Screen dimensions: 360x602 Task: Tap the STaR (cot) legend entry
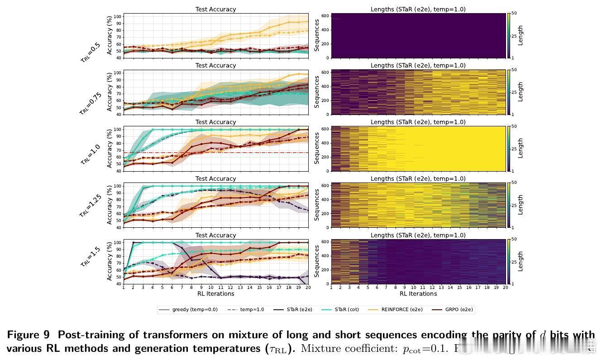tap(346, 310)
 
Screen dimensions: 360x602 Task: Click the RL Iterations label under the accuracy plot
tap(215, 294)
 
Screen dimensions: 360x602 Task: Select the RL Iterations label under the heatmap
tap(418, 294)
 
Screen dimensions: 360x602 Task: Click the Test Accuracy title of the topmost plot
tap(215, 9)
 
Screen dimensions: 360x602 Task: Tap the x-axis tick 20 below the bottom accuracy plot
tap(308, 288)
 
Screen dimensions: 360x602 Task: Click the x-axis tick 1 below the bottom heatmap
tap(332, 288)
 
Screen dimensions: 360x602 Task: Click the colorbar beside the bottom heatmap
tap(509, 261)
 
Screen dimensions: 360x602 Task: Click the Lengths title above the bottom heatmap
tap(418, 235)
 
